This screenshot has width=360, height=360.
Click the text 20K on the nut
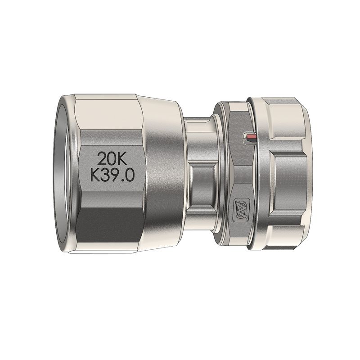(x=112, y=159)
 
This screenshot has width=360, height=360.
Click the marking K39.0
(x=112, y=175)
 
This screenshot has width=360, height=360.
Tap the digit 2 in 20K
(x=102, y=159)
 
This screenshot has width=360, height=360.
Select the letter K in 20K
(x=122, y=159)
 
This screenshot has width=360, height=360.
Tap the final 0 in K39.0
(x=130, y=175)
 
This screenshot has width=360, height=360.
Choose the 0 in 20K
(x=112, y=159)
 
